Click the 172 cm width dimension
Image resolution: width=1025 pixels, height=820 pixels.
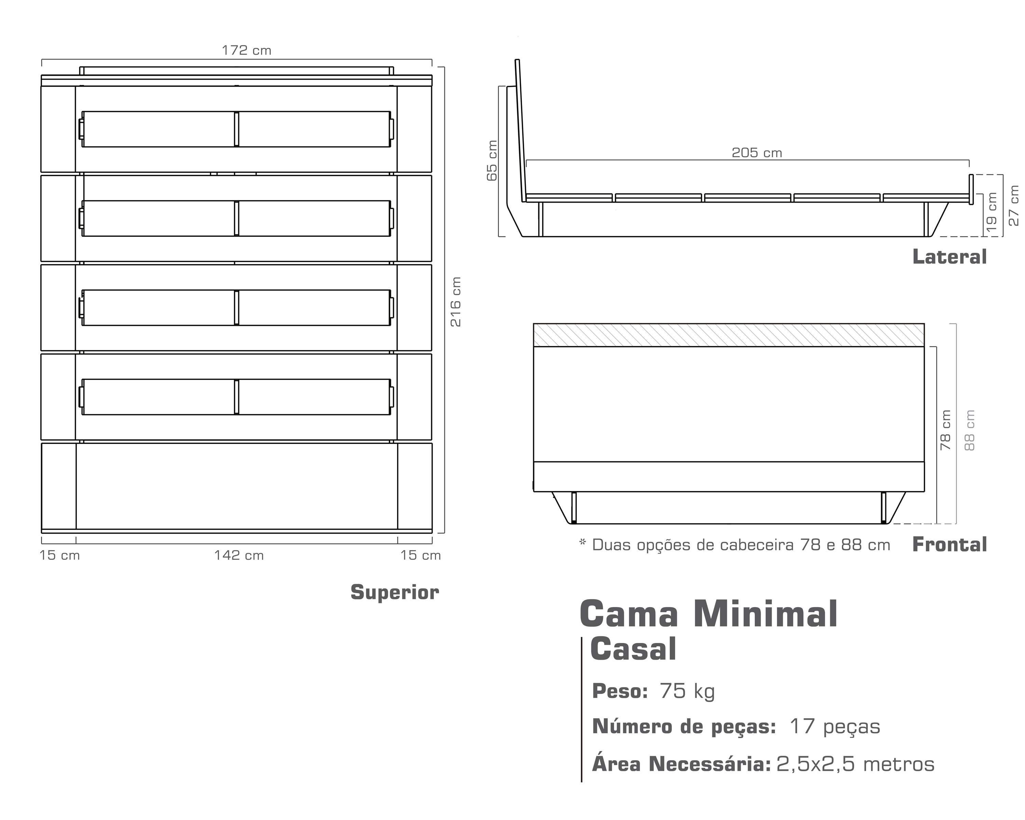coord(246,50)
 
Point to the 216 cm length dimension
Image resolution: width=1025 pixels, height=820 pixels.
coord(455,302)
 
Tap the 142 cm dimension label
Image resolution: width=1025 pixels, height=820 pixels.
coord(239,555)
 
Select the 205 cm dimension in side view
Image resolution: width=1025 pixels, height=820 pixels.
coord(756,153)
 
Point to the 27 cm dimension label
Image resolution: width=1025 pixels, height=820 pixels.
coord(1014,205)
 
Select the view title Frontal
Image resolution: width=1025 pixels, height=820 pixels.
coord(949,544)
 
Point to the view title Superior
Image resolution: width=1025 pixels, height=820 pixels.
coord(395,592)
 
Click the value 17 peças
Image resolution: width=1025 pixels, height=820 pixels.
coord(835,726)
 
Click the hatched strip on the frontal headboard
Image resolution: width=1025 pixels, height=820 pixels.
coord(729,335)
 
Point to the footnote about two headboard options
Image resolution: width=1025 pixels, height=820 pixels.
coord(735,545)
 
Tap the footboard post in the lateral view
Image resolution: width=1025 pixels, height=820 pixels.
coord(971,189)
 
